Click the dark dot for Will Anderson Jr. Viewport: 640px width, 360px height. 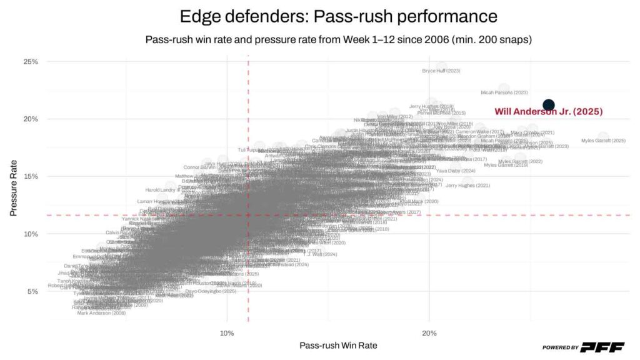coord(549,105)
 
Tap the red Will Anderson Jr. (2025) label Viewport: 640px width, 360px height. coord(548,112)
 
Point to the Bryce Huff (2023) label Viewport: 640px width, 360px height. coord(441,71)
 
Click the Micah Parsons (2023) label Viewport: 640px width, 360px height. coord(504,92)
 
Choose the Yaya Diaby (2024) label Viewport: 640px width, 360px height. coord(456,171)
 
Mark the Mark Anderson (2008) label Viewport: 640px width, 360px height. coord(101,313)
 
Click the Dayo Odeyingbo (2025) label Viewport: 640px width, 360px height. coord(211,291)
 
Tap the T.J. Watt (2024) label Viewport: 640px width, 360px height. coord(321,254)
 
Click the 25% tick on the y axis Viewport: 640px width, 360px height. coord(31,62)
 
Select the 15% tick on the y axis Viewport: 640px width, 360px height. coord(31,176)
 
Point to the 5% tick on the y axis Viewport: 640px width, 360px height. coord(32,291)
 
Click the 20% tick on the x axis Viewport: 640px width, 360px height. coord(429,333)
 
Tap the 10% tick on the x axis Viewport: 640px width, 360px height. coord(227,333)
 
